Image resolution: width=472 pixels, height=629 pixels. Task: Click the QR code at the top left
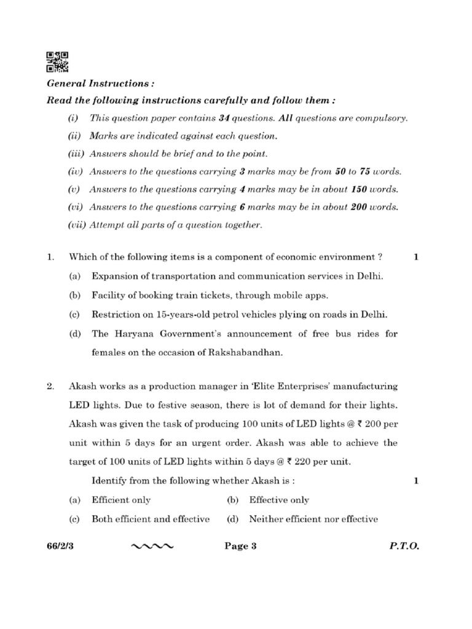[x=57, y=61]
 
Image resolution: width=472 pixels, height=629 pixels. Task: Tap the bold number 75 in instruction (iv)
[x=359, y=171]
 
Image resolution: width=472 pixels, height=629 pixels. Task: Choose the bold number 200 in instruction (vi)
[x=359, y=207]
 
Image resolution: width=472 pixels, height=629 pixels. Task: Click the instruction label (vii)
[x=77, y=225]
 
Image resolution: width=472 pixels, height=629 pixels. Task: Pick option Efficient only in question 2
[x=121, y=500]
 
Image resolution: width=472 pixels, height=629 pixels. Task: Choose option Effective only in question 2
[x=279, y=500]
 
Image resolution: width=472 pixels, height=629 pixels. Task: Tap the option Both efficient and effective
[x=151, y=519]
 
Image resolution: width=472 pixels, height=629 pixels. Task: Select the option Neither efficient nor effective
[x=313, y=519]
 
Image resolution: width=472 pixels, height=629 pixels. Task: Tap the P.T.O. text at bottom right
[x=404, y=546]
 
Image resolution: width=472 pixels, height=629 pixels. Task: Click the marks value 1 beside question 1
[x=416, y=258]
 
